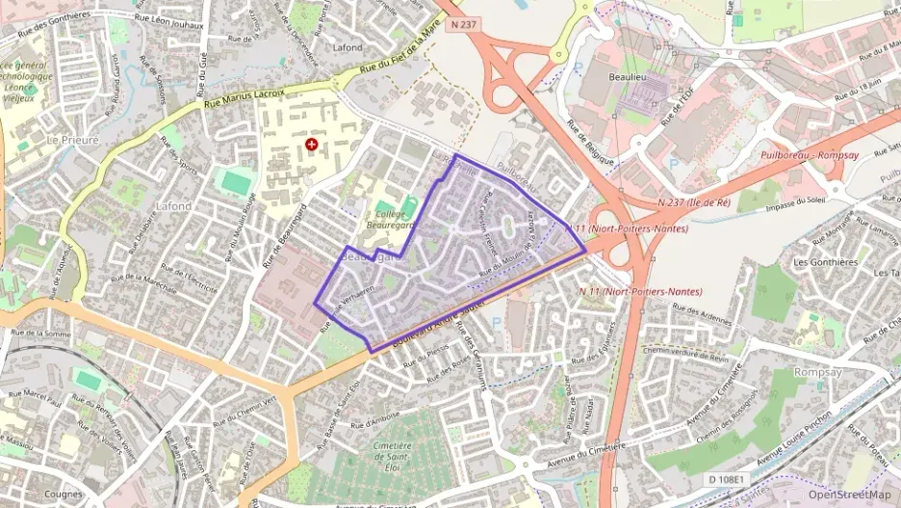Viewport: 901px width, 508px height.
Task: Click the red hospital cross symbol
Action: (x=311, y=145)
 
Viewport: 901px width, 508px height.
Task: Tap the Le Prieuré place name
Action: (x=72, y=140)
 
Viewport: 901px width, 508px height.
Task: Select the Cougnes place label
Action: (x=63, y=495)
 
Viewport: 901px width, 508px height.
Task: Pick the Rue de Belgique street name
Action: (x=590, y=143)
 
